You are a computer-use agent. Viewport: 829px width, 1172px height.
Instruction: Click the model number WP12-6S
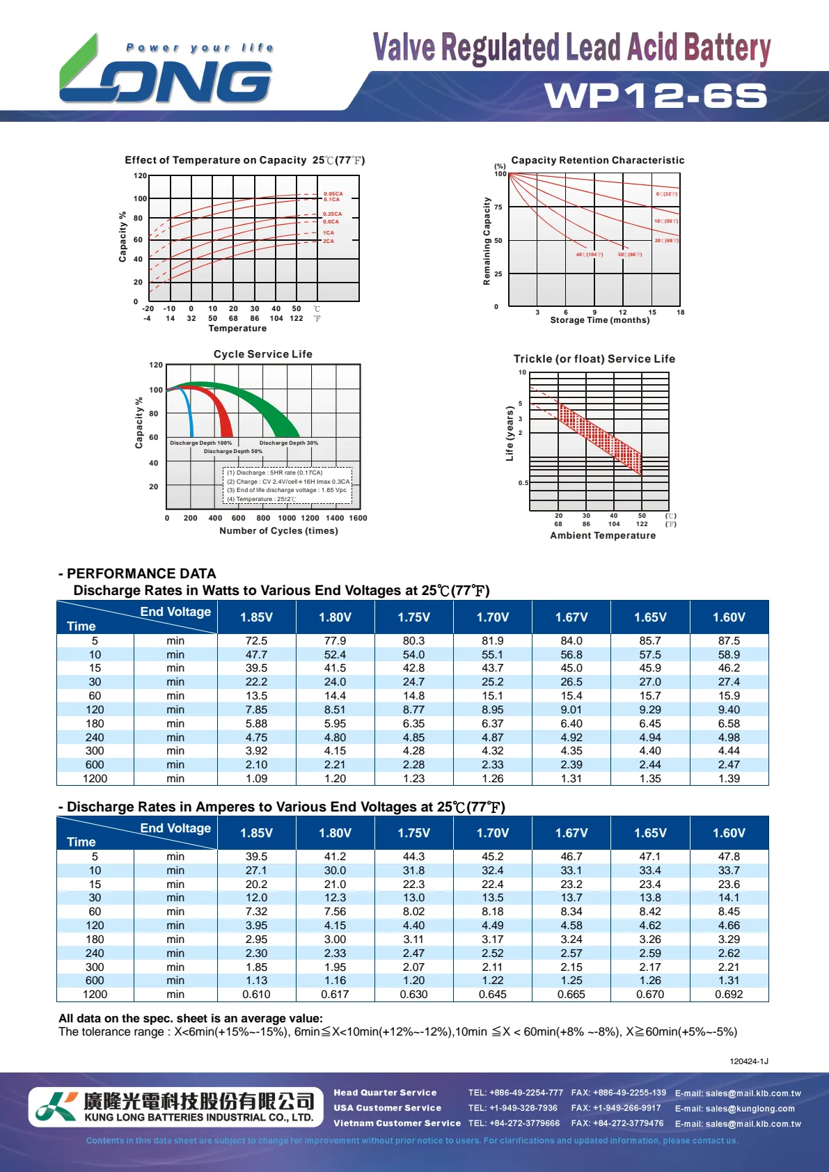[x=656, y=96]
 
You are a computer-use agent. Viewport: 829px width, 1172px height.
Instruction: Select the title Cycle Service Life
[x=262, y=354]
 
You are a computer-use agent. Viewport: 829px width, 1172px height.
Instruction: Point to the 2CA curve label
[x=329, y=241]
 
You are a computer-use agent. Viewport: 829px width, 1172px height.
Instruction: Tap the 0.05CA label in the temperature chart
[x=333, y=193]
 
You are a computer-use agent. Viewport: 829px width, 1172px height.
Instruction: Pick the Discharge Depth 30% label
[x=288, y=443]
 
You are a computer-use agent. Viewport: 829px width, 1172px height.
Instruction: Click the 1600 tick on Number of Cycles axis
[x=358, y=518]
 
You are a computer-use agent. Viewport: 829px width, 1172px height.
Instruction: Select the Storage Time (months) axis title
[x=599, y=320]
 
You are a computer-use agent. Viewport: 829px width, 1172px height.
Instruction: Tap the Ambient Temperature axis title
[x=603, y=535]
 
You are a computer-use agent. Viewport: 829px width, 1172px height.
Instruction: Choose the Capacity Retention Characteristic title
[x=597, y=160]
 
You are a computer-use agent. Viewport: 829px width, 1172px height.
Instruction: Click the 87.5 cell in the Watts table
[x=729, y=640]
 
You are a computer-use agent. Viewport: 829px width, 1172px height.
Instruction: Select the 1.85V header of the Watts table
[x=256, y=617]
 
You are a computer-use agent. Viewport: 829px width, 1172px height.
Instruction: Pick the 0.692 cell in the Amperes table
[x=729, y=995]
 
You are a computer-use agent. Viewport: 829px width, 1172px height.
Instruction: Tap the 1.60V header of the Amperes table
[x=729, y=833]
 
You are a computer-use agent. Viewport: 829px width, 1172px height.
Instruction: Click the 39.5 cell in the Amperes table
[x=256, y=857]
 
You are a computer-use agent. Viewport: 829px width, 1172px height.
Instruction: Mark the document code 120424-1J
[x=748, y=1061]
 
